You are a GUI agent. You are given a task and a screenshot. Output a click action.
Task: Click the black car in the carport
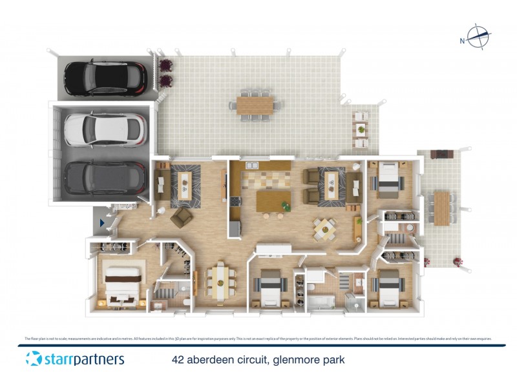[105, 77]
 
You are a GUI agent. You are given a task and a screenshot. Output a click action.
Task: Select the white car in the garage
[105, 130]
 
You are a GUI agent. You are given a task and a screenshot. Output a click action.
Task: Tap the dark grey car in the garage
[105, 177]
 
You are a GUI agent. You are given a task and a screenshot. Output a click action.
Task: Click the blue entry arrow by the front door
[101, 223]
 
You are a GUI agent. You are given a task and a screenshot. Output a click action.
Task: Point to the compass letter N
[463, 41]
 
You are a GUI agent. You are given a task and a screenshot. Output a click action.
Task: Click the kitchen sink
[251, 166]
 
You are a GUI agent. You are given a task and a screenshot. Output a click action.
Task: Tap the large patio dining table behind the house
[255, 105]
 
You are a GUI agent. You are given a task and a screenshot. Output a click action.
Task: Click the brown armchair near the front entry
[181, 218]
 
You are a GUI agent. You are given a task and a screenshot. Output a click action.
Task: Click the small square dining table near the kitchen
[324, 228]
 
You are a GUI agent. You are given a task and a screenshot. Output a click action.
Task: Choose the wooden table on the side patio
[441, 207]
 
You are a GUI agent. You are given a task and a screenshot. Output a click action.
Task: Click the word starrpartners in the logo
[84, 359]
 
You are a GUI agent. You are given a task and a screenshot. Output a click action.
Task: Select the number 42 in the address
[178, 359]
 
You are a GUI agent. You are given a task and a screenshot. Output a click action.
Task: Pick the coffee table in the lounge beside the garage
[185, 184]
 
